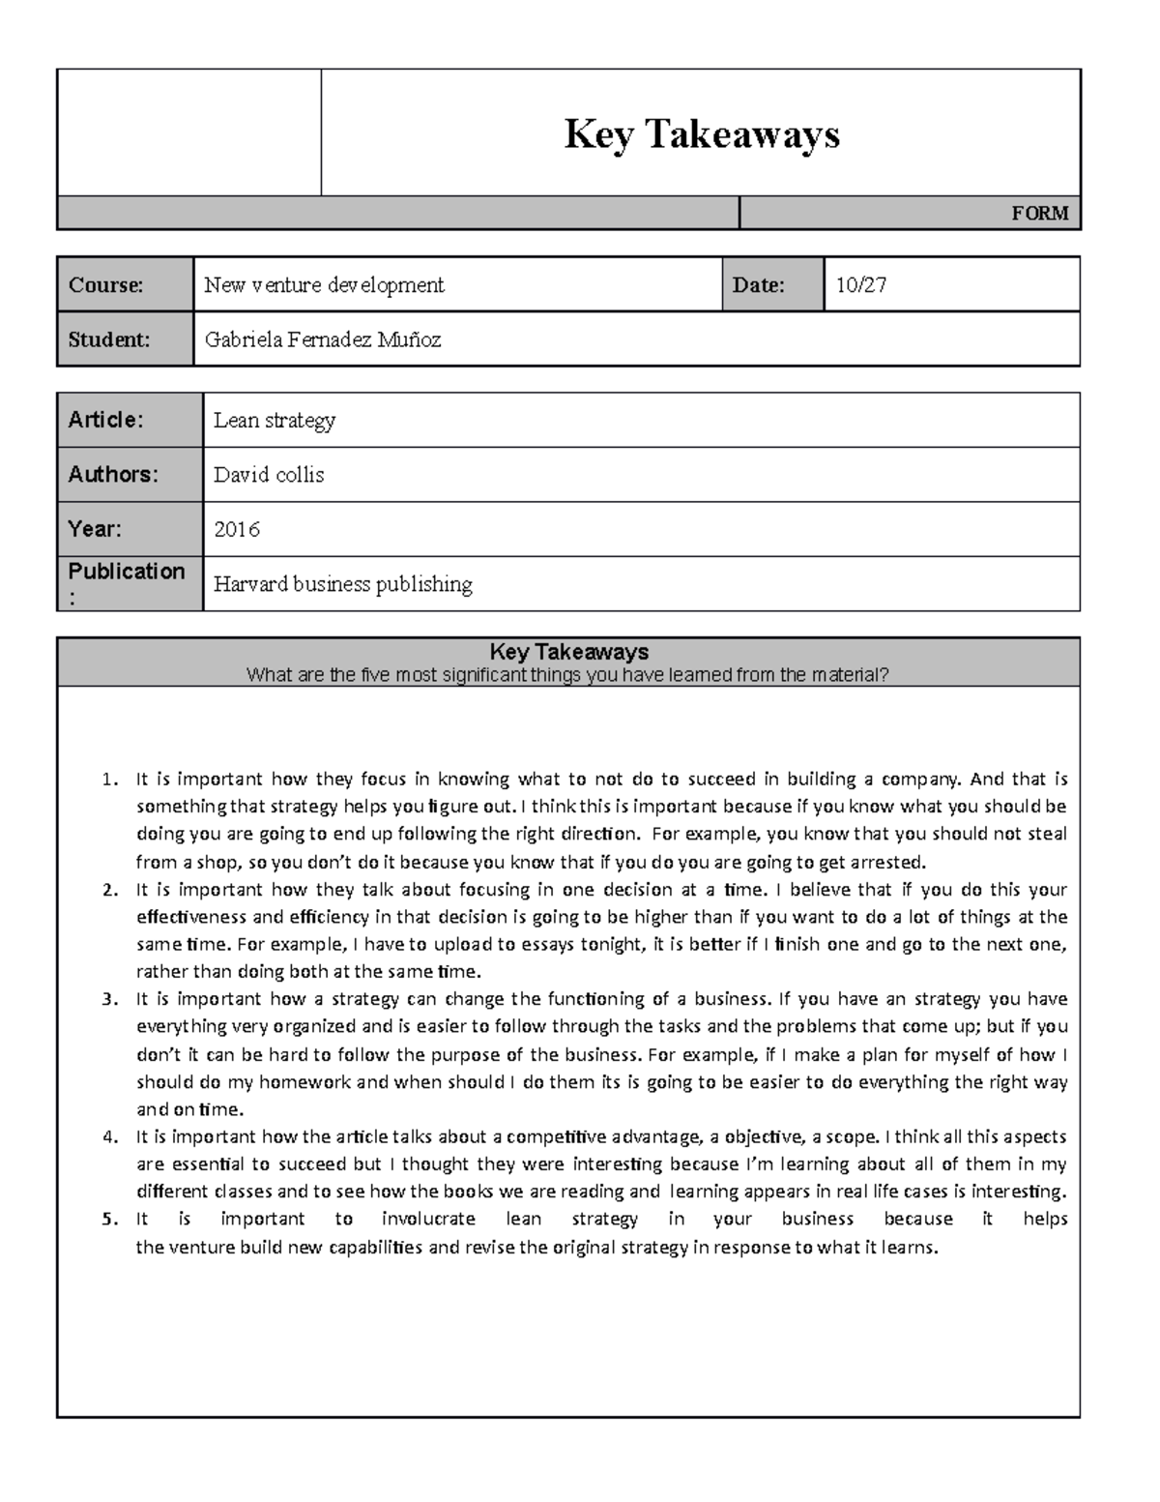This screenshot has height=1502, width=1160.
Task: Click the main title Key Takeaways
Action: (702, 134)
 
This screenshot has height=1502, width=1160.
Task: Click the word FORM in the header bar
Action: (1039, 214)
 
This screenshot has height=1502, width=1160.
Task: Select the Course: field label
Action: (105, 285)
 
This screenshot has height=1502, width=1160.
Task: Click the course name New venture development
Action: (324, 285)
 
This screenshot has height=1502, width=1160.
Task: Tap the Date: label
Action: (758, 285)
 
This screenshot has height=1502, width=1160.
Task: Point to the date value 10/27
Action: (861, 285)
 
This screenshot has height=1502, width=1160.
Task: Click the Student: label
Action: (108, 339)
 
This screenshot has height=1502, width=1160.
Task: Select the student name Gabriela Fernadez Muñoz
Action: (323, 339)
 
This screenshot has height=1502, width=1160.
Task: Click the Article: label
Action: (105, 420)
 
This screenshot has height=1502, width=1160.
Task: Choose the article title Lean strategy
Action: (275, 421)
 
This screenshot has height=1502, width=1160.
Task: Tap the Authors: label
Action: (112, 475)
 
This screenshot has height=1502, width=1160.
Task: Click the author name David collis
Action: (269, 475)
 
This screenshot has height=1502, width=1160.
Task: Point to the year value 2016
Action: (237, 530)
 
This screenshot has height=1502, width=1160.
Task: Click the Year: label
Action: (95, 529)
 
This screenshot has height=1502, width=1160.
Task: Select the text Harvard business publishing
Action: (343, 584)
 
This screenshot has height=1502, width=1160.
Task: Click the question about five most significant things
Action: (567, 675)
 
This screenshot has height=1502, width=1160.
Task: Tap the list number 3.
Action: (109, 999)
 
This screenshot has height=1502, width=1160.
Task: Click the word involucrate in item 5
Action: (428, 1220)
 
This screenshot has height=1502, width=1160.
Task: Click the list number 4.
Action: (109, 1137)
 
